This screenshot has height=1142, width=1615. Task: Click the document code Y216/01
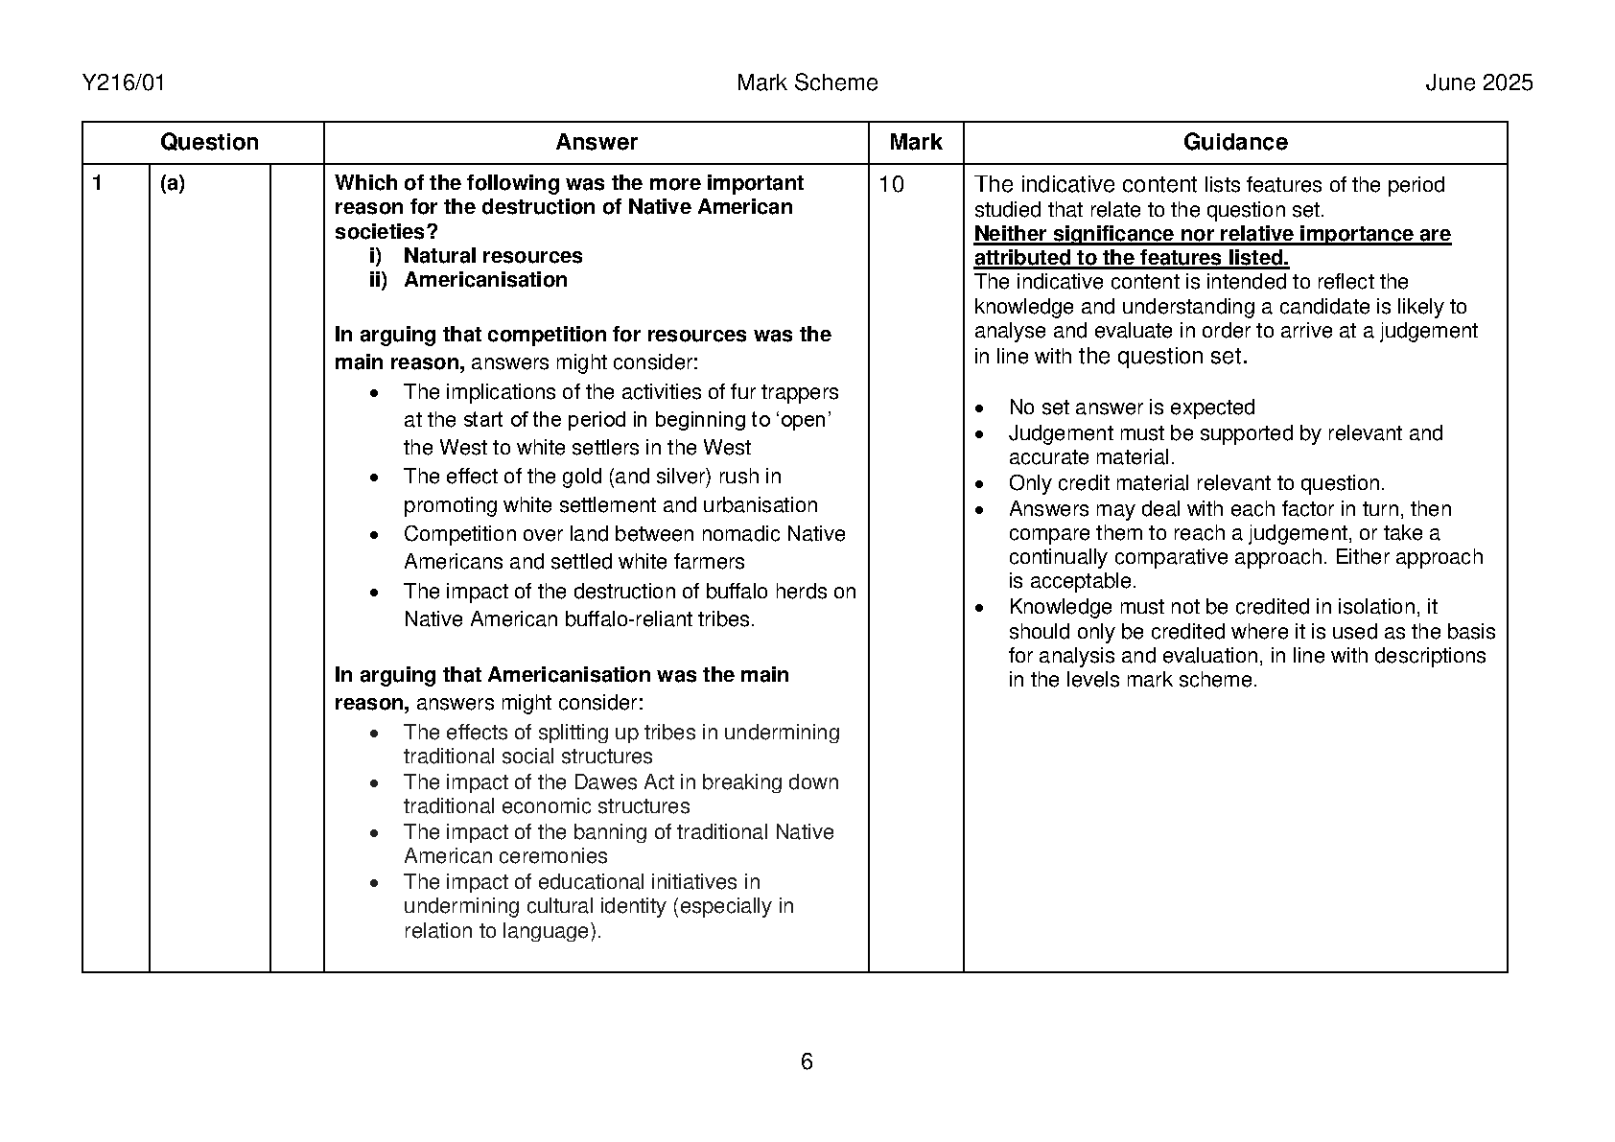click(x=124, y=83)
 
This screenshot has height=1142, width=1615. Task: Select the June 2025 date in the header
click(x=1478, y=83)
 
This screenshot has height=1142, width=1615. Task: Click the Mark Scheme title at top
click(x=807, y=83)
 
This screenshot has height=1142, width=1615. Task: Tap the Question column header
click(x=209, y=143)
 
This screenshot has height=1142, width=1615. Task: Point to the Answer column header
click(x=596, y=143)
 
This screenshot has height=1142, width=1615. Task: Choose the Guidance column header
click(x=1234, y=143)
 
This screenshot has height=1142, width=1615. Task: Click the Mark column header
click(x=915, y=143)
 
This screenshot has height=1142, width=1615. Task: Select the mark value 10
click(x=891, y=185)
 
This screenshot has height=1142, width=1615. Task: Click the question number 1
click(x=97, y=183)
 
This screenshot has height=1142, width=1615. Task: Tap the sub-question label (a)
click(x=173, y=183)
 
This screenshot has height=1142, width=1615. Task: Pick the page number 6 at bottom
click(x=807, y=1061)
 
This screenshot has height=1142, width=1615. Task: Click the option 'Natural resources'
click(x=493, y=256)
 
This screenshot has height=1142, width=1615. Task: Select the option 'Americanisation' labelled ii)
click(x=485, y=280)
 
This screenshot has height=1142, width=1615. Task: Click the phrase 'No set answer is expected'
click(x=1132, y=408)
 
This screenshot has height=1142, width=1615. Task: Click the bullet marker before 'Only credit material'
click(x=979, y=484)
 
